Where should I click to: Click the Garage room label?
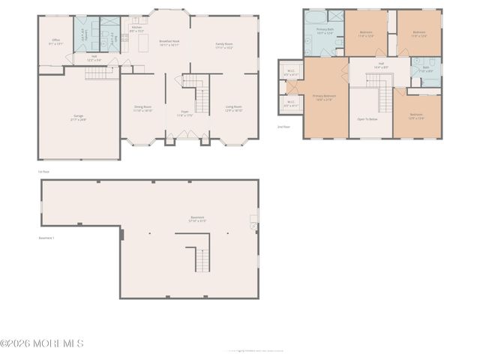(x=79, y=118)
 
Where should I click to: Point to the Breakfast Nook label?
(x=169, y=43)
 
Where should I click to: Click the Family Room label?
(x=223, y=45)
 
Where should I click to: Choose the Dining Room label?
(x=142, y=108)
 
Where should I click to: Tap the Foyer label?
(x=184, y=114)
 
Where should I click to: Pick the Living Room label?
(x=234, y=108)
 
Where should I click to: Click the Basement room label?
(x=197, y=219)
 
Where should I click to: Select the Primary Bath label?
(x=325, y=31)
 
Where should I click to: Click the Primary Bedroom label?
(x=324, y=97)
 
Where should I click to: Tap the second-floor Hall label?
(x=381, y=65)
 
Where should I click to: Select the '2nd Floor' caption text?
(x=283, y=127)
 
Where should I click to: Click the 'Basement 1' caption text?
(x=47, y=238)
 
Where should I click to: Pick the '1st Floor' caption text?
(x=43, y=171)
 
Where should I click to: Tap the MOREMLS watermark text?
(x=43, y=343)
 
